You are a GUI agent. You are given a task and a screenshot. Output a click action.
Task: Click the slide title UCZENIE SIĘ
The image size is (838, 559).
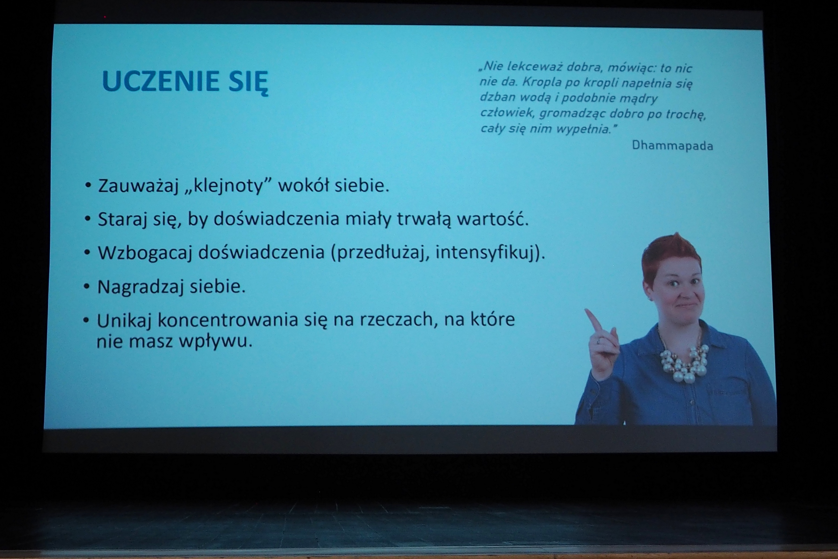(185, 82)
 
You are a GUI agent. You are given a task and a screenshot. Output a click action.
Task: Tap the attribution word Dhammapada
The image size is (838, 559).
(672, 145)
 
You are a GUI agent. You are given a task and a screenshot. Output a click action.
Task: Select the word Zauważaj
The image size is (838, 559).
(138, 186)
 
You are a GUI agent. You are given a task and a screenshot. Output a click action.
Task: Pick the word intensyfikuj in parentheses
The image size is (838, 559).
(485, 252)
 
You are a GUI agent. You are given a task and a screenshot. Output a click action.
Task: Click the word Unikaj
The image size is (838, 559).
(124, 320)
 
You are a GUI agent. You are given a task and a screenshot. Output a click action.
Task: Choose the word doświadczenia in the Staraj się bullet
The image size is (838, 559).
(277, 219)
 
